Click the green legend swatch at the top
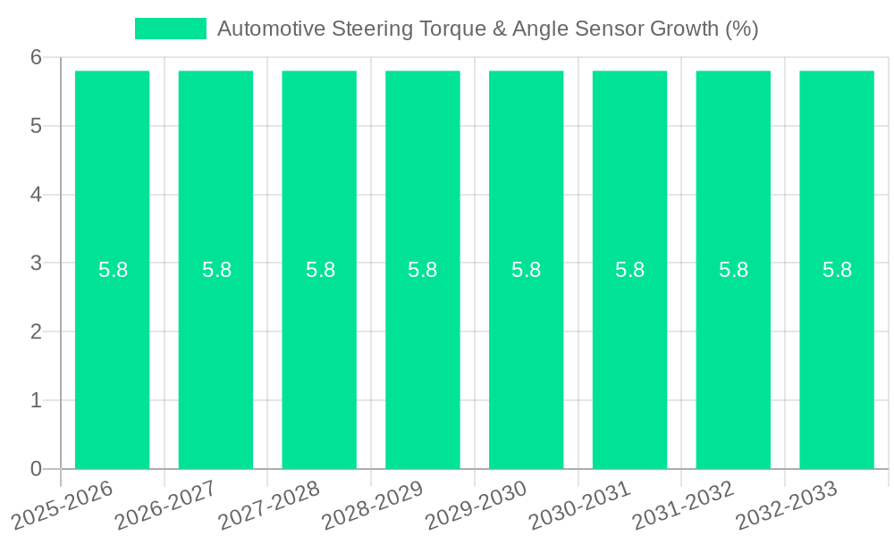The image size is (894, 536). (x=170, y=29)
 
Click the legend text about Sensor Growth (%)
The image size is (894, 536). (x=487, y=29)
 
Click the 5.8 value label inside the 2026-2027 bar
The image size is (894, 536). (x=216, y=270)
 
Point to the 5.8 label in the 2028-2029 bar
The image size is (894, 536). (x=423, y=270)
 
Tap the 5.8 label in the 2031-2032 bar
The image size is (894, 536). (x=733, y=270)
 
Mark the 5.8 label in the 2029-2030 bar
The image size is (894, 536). (x=527, y=270)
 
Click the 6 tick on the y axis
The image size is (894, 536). (x=36, y=57)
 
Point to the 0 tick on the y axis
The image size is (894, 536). (x=36, y=469)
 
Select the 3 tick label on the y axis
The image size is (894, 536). (x=36, y=264)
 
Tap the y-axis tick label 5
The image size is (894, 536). (x=36, y=126)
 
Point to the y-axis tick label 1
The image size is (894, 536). (x=36, y=400)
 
